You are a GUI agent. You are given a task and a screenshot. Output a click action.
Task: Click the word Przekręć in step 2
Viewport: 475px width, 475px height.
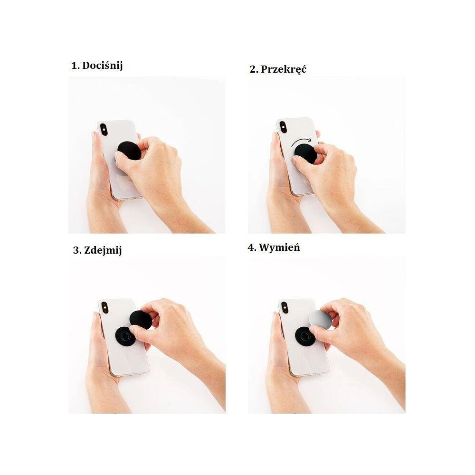coord(284,69)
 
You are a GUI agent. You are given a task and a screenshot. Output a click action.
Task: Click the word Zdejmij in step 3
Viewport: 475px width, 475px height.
coord(104,250)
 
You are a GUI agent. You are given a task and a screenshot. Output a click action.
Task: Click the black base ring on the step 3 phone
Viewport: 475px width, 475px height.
coord(124,336)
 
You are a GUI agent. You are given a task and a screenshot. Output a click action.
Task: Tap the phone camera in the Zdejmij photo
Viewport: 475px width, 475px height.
coord(105,307)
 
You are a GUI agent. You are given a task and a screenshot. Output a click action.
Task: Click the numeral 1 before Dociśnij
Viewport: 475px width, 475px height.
coord(75,66)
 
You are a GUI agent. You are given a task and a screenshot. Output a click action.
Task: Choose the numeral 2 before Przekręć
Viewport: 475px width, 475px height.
coord(253,69)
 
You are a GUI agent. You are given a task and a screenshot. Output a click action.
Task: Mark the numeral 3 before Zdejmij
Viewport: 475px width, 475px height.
coord(76,250)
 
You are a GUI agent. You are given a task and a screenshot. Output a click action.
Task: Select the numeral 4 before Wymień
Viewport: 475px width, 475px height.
coord(251,247)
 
